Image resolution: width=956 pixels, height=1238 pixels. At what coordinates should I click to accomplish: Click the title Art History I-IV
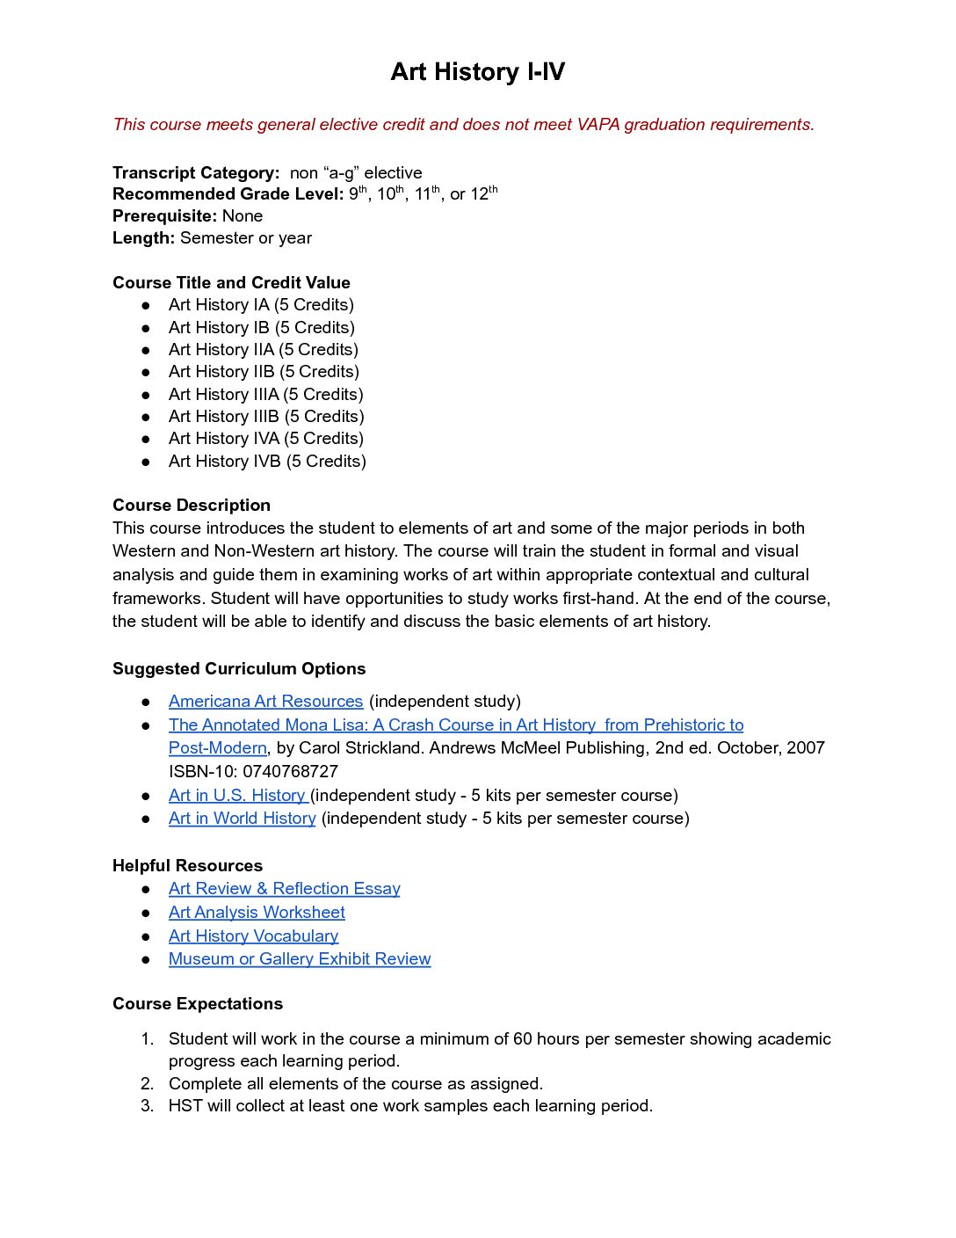tap(477, 71)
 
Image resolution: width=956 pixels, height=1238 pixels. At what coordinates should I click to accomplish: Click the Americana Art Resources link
tap(265, 701)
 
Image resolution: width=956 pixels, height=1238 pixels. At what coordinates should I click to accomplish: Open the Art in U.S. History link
tap(237, 795)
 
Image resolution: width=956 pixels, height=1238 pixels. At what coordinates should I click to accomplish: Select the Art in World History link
tap(242, 818)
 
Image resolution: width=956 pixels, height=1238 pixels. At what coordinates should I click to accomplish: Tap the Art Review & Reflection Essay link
tap(284, 888)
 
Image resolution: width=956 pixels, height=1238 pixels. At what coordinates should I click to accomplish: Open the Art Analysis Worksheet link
tap(257, 912)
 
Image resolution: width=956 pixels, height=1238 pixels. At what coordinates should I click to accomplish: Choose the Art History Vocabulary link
tap(253, 936)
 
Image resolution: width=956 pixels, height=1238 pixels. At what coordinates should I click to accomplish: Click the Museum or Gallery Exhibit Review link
tap(300, 958)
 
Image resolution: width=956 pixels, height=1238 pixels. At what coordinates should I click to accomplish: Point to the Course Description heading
tap(192, 505)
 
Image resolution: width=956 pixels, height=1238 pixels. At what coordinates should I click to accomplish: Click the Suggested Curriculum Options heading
tap(239, 668)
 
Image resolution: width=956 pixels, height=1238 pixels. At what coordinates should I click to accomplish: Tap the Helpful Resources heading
tap(187, 865)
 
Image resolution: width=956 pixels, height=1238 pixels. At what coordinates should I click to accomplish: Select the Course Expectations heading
tap(198, 1003)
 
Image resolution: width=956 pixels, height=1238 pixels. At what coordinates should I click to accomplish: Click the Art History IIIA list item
tap(265, 394)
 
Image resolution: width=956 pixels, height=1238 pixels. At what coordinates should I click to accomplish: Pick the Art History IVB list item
tap(267, 461)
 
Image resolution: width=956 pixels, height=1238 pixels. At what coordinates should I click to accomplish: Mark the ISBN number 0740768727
tap(290, 771)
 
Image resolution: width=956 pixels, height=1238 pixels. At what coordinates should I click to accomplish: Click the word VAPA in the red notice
tap(597, 124)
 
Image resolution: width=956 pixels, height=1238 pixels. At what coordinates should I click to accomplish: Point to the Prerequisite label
tap(164, 215)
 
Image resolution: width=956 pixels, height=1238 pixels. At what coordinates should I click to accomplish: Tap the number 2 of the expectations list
tap(147, 1083)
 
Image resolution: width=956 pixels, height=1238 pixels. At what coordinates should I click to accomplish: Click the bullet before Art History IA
tap(146, 305)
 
